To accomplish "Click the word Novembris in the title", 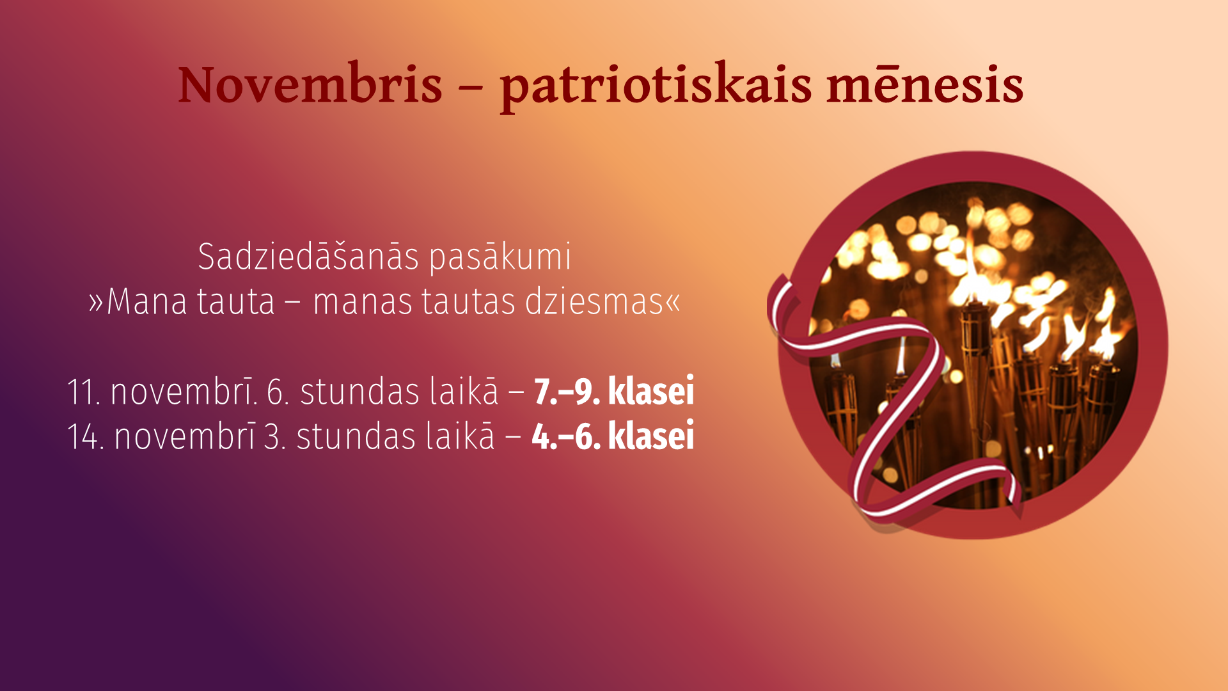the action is pos(310,84).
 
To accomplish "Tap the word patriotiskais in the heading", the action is pos(656,88).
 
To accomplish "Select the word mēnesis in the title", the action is pos(925,84).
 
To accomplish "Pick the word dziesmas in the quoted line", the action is pos(594,301).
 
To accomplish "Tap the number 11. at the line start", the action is pos(84,392).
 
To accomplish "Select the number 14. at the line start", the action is pos(86,436).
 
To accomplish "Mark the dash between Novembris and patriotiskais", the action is pos(471,88).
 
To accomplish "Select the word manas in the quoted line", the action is pos(363,302).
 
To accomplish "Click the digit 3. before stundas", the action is pos(274,436).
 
